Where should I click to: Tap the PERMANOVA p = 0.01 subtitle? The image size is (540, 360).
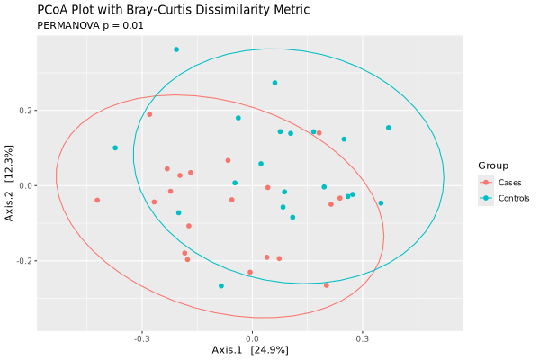coord(90,25)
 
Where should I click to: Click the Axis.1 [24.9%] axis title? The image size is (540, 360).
coord(250,349)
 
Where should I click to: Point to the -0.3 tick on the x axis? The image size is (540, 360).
coord(141,339)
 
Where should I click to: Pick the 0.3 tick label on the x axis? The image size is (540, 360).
coord(362,339)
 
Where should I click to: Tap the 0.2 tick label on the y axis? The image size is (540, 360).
coord(24,111)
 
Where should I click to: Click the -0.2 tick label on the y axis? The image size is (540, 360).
coord(22,261)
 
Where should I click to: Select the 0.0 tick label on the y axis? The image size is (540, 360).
coord(24,185)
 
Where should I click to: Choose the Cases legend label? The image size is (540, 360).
coord(509,182)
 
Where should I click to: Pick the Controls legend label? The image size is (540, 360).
coord(515,197)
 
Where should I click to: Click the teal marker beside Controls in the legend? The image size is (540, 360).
coord(486,197)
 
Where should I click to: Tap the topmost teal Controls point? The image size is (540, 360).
coord(176,49)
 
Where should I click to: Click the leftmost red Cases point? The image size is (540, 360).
coord(97,200)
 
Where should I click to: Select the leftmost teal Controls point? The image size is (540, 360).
coord(115,148)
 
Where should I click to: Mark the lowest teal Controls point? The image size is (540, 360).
coord(221,286)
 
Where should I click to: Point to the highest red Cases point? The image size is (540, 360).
coord(149,114)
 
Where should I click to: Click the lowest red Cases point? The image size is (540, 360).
coord(327,285)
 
